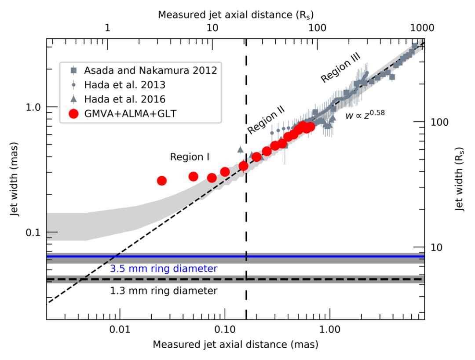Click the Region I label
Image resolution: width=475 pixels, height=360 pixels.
click(189, 156)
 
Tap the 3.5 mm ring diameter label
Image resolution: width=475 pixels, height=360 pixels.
click(164, 269)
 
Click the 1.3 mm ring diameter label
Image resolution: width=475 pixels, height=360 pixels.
click(164, 291)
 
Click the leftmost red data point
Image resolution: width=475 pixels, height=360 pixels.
click(162, 181)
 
